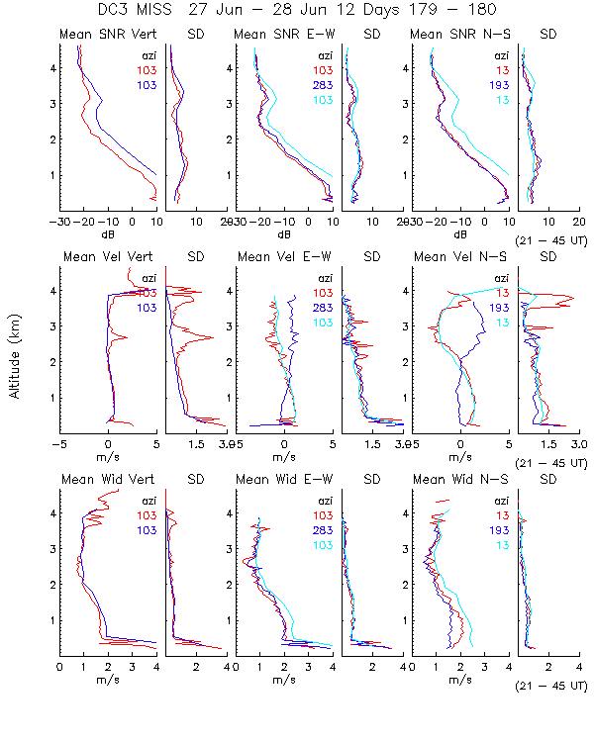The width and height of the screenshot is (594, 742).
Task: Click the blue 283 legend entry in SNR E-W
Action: (x=324, y=86)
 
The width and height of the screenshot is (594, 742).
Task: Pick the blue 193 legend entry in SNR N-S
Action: (x=500, y=86)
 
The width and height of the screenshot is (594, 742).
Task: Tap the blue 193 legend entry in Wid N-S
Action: (x=500, y=529)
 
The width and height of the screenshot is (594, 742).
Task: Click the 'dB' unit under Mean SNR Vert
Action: (x=109, y=234)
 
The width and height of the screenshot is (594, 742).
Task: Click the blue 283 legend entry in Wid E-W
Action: (x=324, y=529)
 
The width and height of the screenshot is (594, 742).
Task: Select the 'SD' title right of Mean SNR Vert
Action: (x=195, y=36)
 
